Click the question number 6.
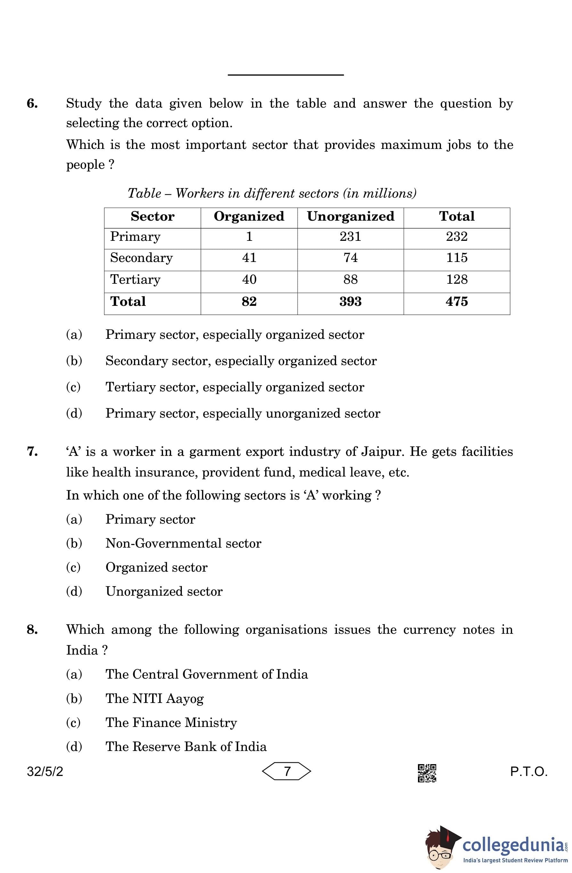[x=32, y=103]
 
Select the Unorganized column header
[x=350, y=216]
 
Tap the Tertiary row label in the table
[x=135, y=280]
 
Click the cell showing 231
[x=350, y=237]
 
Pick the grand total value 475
[x=456, y=302]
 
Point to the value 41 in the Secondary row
[x=249, y=257]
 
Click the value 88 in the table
[x=350, y=280]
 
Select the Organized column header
[x=249, y=216]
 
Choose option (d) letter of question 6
[x=74, y=413]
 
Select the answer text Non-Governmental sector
[x=184, y=543]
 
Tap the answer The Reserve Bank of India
[x=186, y=747]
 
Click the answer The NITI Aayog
[x=154, y=698]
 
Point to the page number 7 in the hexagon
[x=287, y=771]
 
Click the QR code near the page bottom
[x=427, y=773]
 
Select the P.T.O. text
[x=529, y=772]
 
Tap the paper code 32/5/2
[x=45, y=772]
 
